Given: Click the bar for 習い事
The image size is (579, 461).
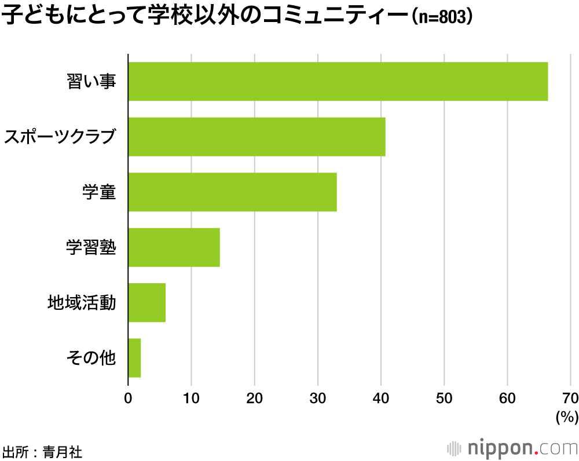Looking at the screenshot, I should (338, 82).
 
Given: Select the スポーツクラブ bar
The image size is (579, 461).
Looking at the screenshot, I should (256, 137).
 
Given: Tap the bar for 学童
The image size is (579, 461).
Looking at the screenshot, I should (232, 192).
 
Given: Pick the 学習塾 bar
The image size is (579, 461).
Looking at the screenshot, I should (174, 247).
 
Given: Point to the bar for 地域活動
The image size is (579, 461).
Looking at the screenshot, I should (146, 302).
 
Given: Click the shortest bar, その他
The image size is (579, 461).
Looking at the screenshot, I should (134, 358).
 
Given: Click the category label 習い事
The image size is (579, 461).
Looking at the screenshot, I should (91, 82).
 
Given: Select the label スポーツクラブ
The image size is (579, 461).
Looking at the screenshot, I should (60, 137).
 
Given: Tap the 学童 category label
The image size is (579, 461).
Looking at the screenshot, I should (99, 192).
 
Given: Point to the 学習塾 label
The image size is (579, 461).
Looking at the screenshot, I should (91, 248).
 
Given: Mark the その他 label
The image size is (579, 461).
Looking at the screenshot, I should (91, 358).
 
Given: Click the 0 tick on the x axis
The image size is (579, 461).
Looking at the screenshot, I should (128, 398).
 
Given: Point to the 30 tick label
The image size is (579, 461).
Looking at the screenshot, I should (318, 398).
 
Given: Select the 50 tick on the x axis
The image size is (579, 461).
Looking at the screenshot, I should (444, 398).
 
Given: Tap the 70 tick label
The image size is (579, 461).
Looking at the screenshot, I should (570, 398).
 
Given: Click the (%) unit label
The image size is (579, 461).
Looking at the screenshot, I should (566, 416).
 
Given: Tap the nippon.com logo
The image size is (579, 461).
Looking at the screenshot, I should (512, 448).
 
